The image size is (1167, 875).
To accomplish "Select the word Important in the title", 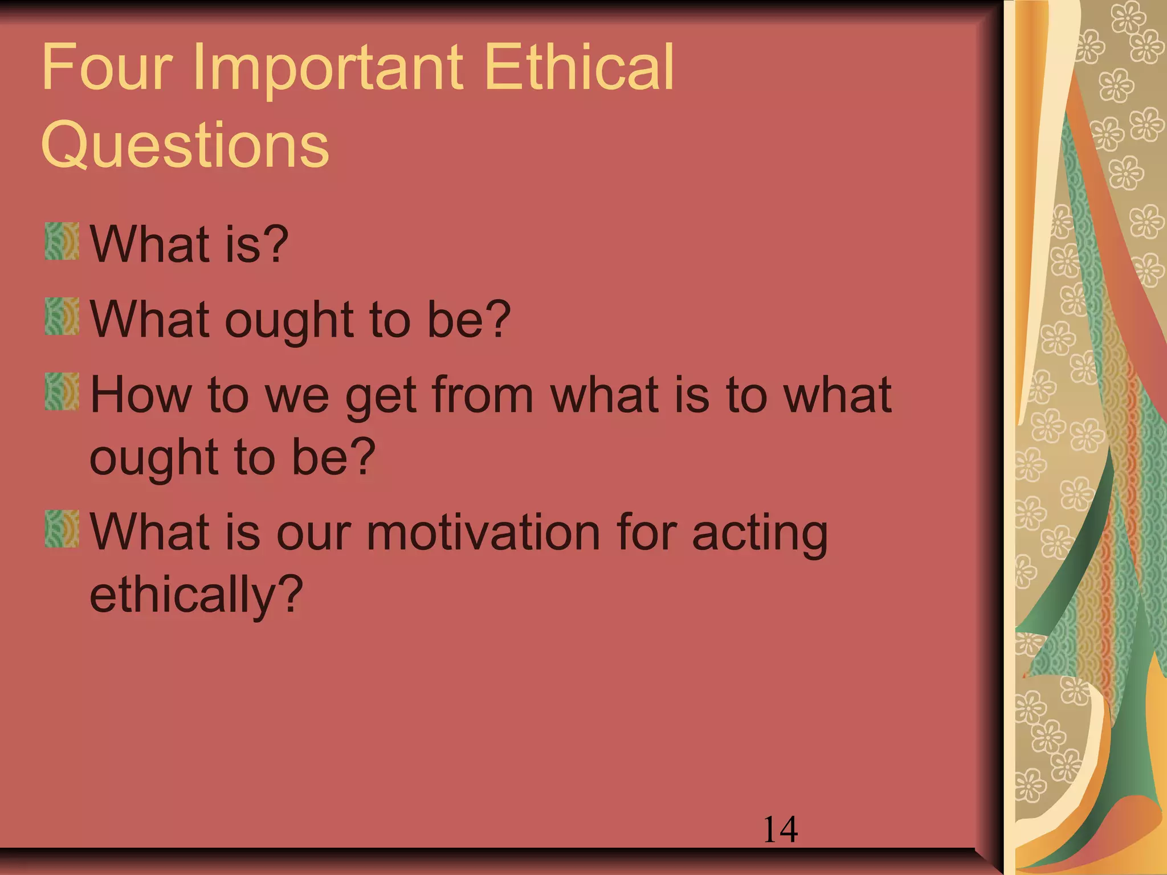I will tap(328, 68).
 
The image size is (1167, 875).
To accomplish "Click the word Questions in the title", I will tap(185, 145).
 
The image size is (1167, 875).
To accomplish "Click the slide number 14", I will tap(780, 829).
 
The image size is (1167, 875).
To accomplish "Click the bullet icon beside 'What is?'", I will tap(62, 242).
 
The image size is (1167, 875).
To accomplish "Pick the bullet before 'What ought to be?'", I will tap(62, 316).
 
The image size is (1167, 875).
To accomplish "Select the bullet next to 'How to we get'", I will tap(62, 391).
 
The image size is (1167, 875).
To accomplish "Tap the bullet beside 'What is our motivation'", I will tap(62, 529).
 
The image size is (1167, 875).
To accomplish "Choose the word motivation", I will tap(483, 532).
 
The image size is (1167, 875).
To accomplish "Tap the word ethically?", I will tap(196, 595).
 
